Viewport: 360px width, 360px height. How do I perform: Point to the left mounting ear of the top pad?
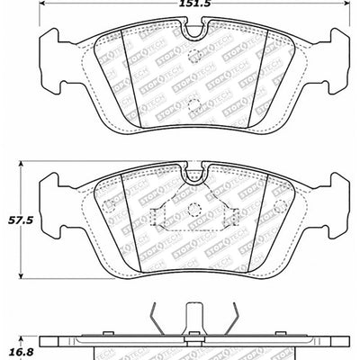coord(54,58)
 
